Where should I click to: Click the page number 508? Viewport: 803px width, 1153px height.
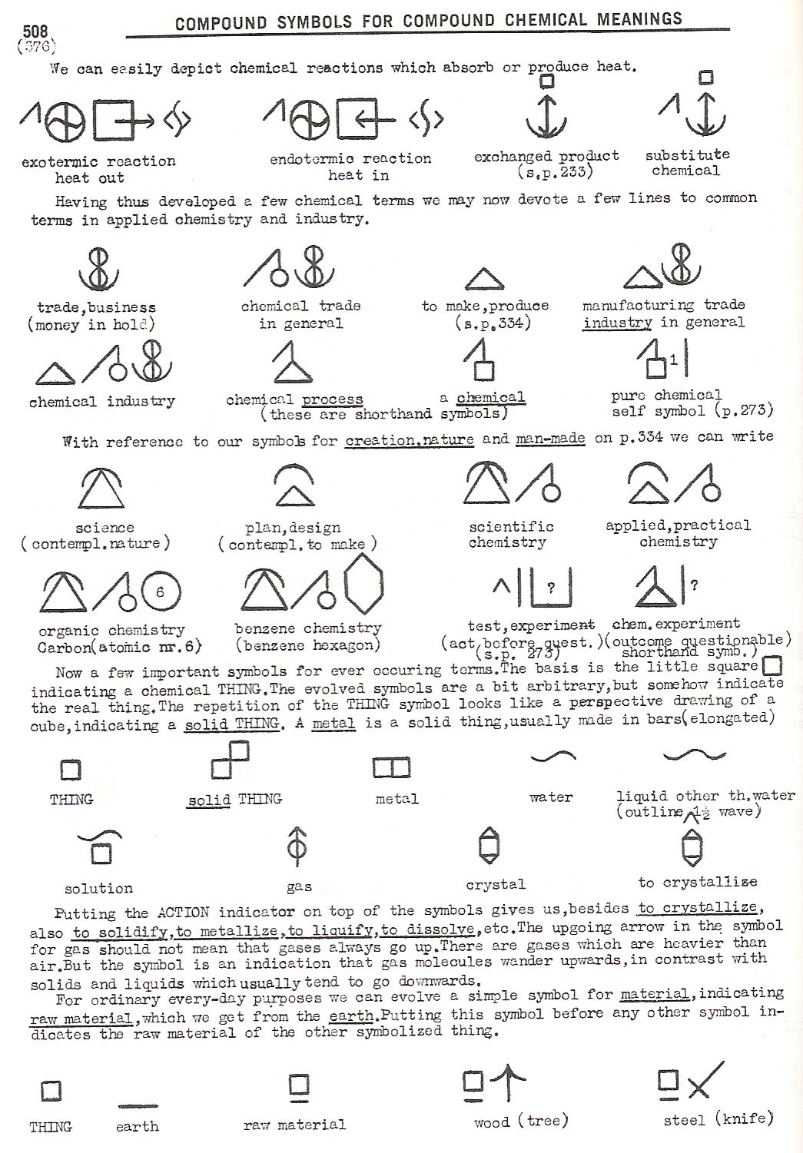(x=35, y=31)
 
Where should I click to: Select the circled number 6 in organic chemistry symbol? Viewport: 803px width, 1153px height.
(x=159, y=591)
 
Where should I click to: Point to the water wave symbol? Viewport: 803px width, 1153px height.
(x=553, y=756)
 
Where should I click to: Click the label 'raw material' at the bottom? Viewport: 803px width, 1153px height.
(x=294, y=1125)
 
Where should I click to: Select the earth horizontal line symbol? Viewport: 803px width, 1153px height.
(x=138, y=1106)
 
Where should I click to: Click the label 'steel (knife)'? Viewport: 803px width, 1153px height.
(x=718, y=1119)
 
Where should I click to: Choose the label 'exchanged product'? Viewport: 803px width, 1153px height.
(x=546, y=157)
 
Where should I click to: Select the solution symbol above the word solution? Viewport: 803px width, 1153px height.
(x=101, y=847)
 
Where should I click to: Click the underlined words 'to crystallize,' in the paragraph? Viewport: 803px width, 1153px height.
(x=698, y=908)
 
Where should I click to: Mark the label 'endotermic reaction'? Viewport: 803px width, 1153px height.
(x=350, y=159)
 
